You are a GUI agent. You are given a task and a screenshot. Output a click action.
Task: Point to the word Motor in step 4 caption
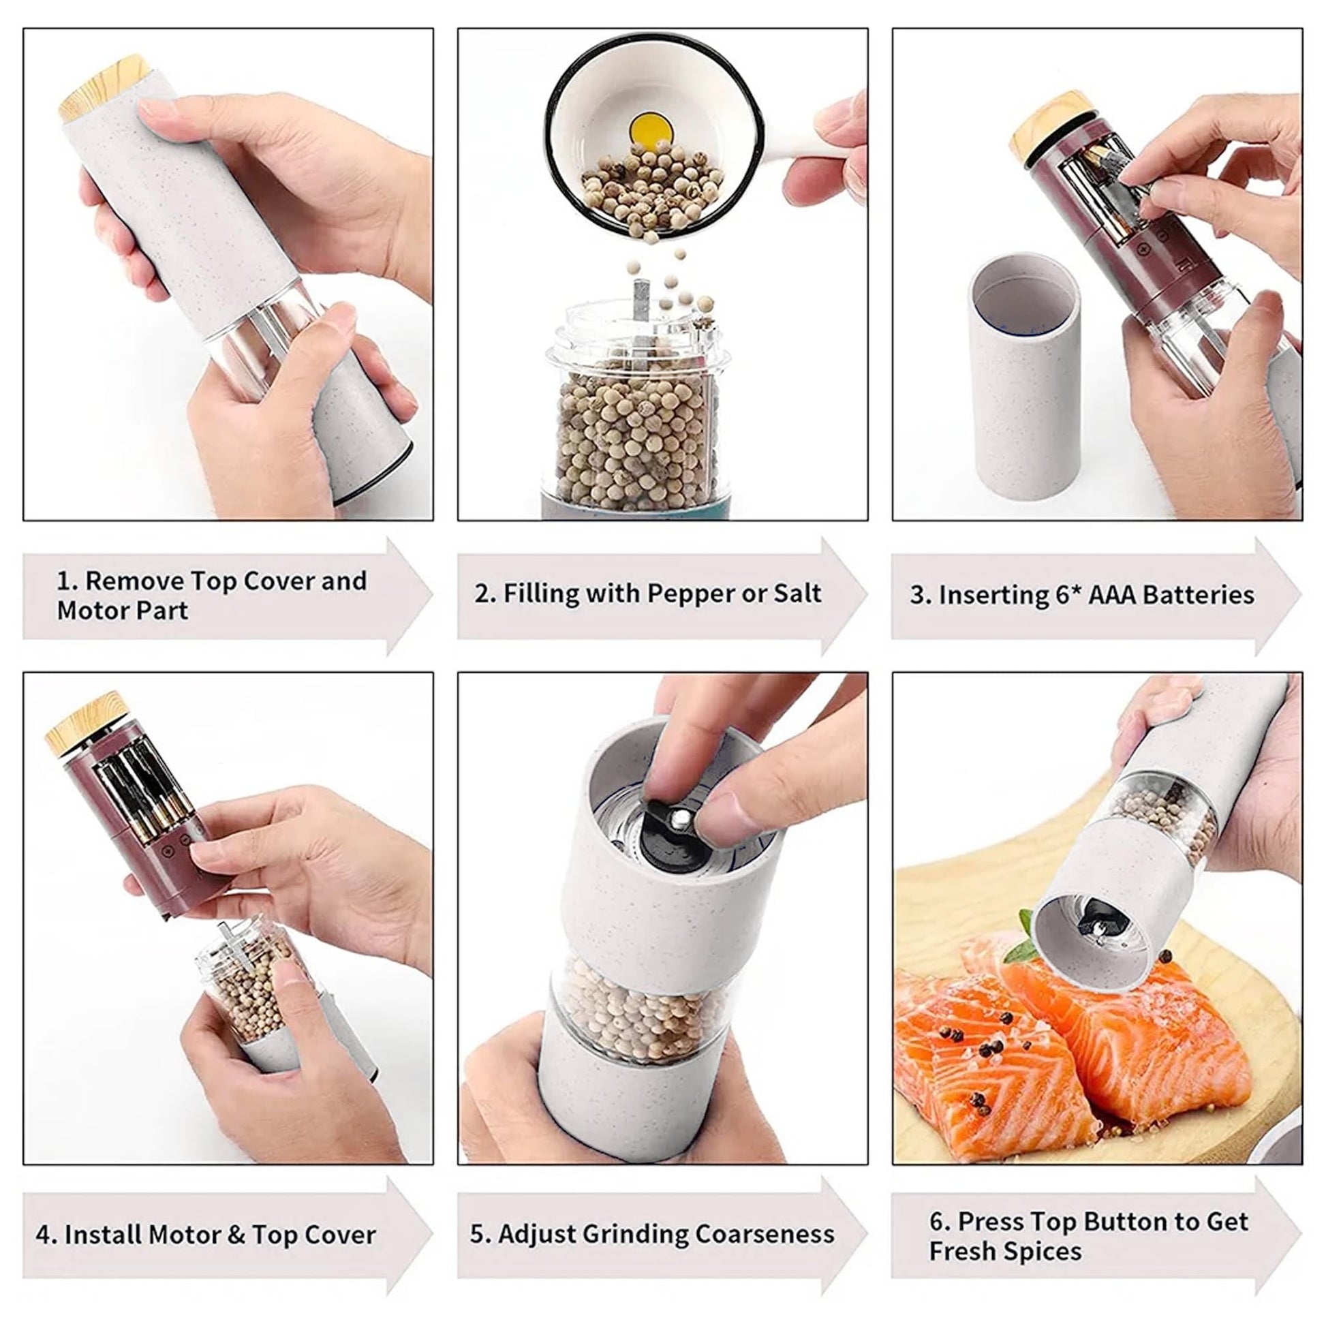coord(183,1235)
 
